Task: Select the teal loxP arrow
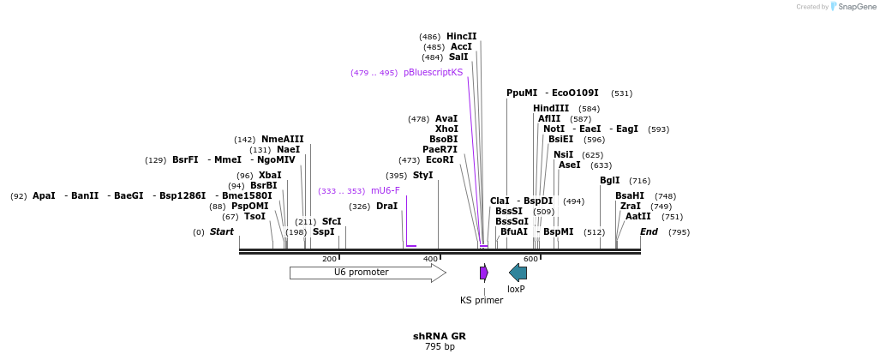(x=518, y=273)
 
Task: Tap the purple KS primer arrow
(x=484, y=273)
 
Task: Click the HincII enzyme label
(x=461, y=37)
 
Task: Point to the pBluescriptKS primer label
(x=433, y=73)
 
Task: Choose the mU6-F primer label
(x=385, y=191)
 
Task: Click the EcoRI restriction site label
(x=440, y=160)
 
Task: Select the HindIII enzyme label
(x=551, y=109)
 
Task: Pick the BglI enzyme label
(x=609, y=181)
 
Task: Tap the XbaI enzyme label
(x=270, y=176)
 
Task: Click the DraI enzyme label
(x=386, y=207)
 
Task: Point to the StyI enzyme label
(x=422, y=176)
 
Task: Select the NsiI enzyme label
(x=563, y=155)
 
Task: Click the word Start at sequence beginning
(x=221, y=232)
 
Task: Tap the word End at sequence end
(x=649, y=232)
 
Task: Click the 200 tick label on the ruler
(x=329, y=259)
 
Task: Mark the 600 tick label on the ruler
(x=530, y=259)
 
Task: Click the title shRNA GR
(x=440, y=336)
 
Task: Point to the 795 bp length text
(x=440, y=347)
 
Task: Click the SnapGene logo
(x=851, y=7)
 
